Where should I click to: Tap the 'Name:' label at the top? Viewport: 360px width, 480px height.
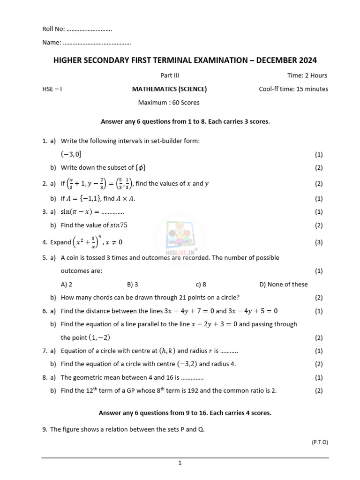pos(52,43)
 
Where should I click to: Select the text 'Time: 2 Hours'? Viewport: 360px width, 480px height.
pos(307,75)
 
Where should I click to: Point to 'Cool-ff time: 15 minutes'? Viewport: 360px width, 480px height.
pos(293,89)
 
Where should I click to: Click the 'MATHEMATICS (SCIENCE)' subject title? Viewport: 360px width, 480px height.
pos(169,89)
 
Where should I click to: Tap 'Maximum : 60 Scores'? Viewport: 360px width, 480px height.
pos(169,103)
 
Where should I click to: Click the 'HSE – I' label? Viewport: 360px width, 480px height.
pos(52,89)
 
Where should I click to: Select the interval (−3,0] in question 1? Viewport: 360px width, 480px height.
pos(74,154)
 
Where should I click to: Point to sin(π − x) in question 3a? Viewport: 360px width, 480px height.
pos(78,212)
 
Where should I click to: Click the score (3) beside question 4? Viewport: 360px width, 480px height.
pos(319,242)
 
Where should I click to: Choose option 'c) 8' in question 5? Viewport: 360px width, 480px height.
pos(201,284)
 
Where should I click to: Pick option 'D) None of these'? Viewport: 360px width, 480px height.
pos(283,284)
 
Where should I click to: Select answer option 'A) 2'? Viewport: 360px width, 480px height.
pos(67,284)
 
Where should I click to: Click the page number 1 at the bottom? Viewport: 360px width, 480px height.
pos(180,463)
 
